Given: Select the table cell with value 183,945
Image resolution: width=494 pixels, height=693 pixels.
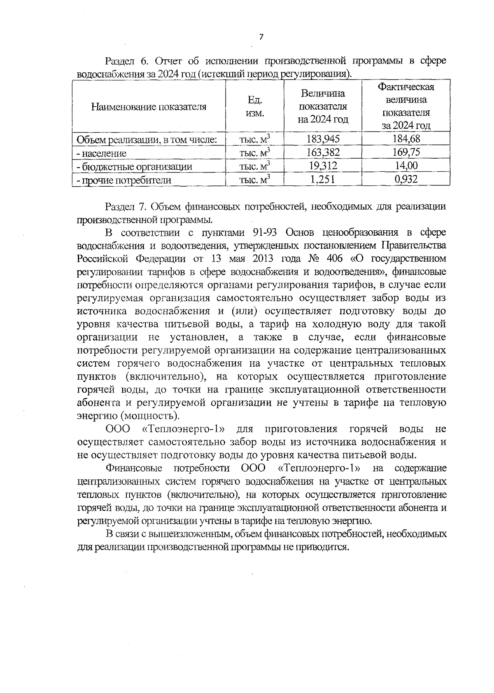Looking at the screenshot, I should pyautogui.click(x=323, y=139).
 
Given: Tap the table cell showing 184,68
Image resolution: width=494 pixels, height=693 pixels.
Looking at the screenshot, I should pyautogui.click(x=406, y=139).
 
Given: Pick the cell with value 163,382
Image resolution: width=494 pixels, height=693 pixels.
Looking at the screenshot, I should pyautogui.click(x=323, y=152).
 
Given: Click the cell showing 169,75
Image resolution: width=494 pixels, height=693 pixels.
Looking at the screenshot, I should pyautogui.click(x=406, y=152).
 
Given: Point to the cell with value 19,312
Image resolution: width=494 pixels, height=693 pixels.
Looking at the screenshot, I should pyautogui.click(x=323, y=166).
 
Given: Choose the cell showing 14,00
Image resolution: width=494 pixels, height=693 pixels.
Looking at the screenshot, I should pyautogui.click(x=406, y=166).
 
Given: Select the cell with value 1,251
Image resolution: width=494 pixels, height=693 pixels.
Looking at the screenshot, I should pyautogui.click(x=323, y=180).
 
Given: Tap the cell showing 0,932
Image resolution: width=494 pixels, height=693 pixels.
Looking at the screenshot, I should pyautogui.click(x=406, y=180).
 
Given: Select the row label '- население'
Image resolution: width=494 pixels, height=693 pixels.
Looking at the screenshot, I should pyautogui.click(x=101, y=153).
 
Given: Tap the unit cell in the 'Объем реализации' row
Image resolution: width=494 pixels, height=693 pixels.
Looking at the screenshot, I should pyautogui.click(x=255, y=139).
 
